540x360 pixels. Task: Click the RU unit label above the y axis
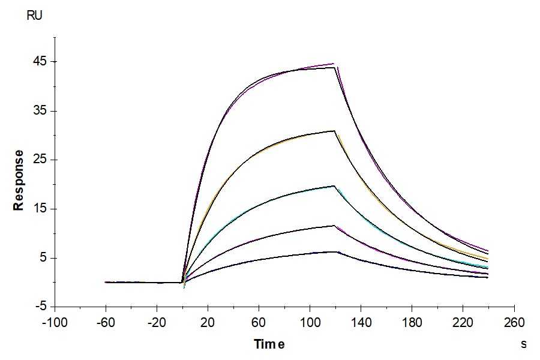click(x=35, y=16)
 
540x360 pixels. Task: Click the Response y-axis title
click(x=19, y=180)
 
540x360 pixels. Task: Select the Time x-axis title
click(x=269, y=344)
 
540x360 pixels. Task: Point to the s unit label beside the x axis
click(x=524, y=344)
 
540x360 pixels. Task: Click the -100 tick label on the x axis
click(x=55, y=322)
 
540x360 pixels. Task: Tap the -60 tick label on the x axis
click(x=106, y=322)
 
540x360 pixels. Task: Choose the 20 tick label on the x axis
click(x=208, y=322)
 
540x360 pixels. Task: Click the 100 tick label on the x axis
click(x=310, y=322)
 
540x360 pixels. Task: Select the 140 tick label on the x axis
click(x=361, y=322)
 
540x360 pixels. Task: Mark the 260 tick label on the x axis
click(x=514, y=322)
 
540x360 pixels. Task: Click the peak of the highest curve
click(x=334, y=64)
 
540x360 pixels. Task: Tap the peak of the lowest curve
click(x=336, y=251)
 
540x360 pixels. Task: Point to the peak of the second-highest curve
click(x=335, y=131)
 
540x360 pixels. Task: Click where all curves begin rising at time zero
click(x=182, y=282)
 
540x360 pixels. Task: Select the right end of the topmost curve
click(x=488, y=251)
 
